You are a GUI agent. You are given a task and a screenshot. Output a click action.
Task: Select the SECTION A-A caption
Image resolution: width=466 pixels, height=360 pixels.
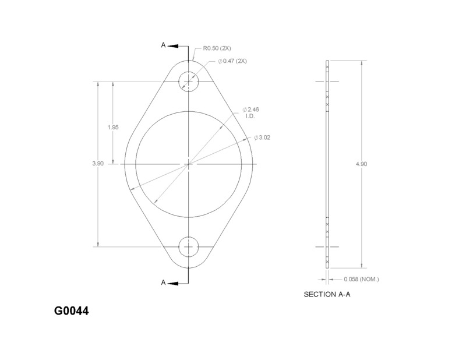coord(327,295)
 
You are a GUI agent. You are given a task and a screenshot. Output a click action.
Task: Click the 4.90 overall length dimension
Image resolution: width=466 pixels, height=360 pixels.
coord(361,164)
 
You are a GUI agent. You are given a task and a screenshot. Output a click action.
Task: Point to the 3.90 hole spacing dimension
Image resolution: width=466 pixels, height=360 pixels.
coord(98,164)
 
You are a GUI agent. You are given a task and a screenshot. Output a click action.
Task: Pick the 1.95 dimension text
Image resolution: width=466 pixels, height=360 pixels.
coord(114,128)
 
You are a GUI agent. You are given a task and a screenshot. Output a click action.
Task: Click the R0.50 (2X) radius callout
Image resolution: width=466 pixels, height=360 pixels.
coord(217,48)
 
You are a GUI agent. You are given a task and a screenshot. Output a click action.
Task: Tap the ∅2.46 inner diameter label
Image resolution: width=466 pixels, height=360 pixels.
coord(252,110)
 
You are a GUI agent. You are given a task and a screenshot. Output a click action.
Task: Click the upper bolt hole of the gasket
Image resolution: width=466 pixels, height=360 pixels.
coord(189,81)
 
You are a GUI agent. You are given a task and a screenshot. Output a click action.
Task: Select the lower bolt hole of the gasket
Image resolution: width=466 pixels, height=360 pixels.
coord(189,246)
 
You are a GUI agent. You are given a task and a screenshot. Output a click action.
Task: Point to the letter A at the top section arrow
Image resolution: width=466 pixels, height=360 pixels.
coord(164,45)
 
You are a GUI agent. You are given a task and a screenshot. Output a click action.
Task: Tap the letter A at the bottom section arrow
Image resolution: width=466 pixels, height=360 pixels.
coord(164,283)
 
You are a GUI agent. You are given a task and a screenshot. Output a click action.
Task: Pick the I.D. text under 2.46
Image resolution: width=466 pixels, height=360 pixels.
coord(250,117)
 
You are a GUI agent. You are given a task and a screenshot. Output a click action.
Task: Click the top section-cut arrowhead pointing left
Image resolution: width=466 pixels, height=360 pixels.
coord(176,45)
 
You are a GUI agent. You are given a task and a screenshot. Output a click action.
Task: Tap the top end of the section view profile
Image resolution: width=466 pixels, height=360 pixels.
coord(327,61)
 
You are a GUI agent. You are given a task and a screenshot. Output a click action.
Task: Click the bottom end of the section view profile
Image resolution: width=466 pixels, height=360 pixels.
coord(327,267)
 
